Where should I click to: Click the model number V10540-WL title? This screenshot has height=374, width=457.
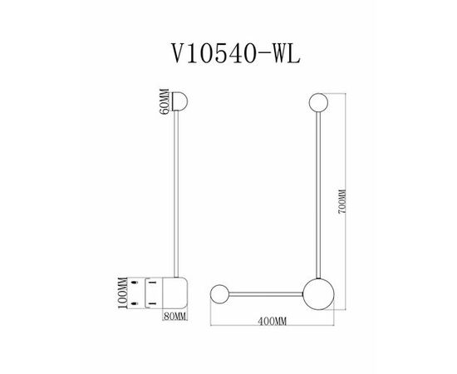pyautogui.click(x=235, y=53)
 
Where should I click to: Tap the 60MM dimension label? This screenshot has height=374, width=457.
pyautogui.click(x=165, y=101)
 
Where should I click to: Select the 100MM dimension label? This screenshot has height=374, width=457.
pyautogui.click(x=122, y=293)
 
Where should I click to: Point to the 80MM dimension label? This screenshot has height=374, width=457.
pyautogui.click(x=174, y=316)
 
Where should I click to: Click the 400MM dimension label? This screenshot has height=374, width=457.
pyautogui.click(x=273, y=322)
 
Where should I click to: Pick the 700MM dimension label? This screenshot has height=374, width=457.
pyautogui.click(x=342, y=201)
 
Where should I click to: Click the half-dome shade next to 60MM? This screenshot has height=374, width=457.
pyautogui.click(x=180, y=101)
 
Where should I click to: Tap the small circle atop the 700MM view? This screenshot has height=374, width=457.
pyautogui.click(x=318, y=102)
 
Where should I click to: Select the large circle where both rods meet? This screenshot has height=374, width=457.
pyautogui.click(x=318, y=294)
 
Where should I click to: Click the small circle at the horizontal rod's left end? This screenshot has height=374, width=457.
pyautogui.click(x=219, y=294)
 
